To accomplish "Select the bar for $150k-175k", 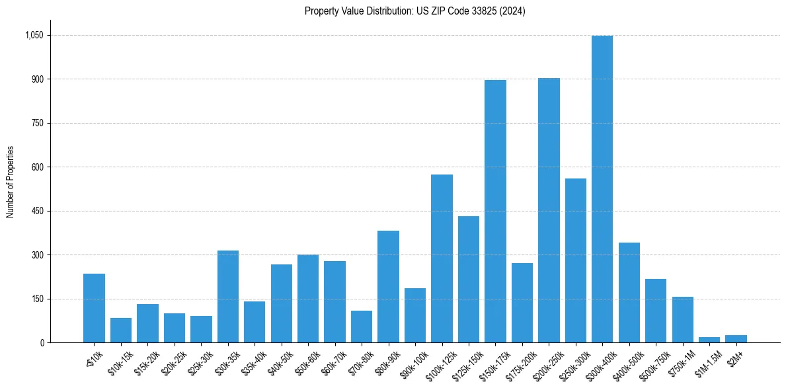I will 495,212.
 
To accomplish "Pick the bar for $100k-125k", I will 442,258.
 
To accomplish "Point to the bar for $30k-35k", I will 228,297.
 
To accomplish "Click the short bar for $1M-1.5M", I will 709,340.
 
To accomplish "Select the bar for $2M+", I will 736,339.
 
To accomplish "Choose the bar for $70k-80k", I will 362,327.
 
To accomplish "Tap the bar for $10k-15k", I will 121,331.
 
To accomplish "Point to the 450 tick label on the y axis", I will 38,211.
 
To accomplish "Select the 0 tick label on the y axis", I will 42,342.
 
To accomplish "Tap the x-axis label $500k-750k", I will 653,362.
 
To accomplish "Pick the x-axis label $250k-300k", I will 572,362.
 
